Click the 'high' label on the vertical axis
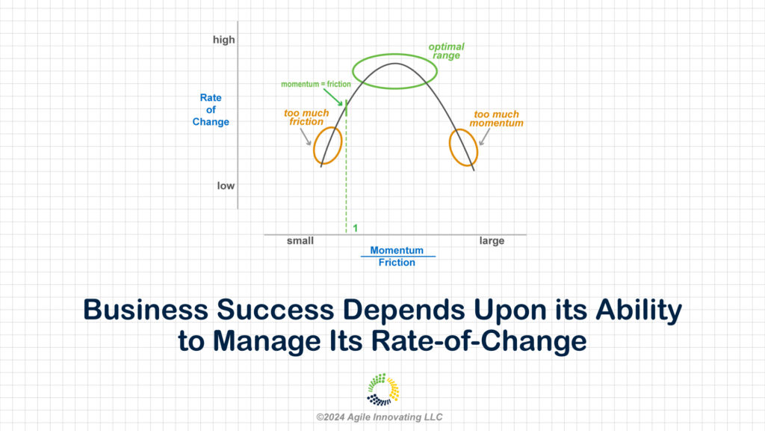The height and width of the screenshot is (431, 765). pos(224,40)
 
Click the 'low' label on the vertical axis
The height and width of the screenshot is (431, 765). pos(226,186)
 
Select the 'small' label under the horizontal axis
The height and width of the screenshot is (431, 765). pos(300,240)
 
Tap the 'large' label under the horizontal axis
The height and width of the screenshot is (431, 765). pos(492,241)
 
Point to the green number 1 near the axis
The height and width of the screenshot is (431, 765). pos(355,228)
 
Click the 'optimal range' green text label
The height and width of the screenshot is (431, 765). pos(447,51)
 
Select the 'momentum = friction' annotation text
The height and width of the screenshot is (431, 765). pos(316,84)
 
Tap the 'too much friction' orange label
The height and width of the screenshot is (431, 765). pos(306,117)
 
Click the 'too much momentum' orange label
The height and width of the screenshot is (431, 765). pos(496,119)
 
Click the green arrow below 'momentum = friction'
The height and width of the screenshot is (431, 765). pos(332,97)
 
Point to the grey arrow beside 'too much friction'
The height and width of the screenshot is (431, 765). pos(306,137)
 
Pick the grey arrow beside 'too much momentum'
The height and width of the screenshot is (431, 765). pos(484,137)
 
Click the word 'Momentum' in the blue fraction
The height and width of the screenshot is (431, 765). pos(397,250)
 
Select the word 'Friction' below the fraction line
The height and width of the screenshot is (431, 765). pos(397,263)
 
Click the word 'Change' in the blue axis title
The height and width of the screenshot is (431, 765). pos(211,122)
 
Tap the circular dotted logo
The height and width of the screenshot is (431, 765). pos(383,390)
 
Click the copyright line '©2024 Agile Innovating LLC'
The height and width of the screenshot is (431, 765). pos(379,418)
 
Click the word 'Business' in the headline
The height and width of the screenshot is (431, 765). pos(146,310)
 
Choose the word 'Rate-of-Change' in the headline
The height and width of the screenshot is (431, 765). pos(479,340)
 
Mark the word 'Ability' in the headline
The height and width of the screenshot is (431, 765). pos(639,311)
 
